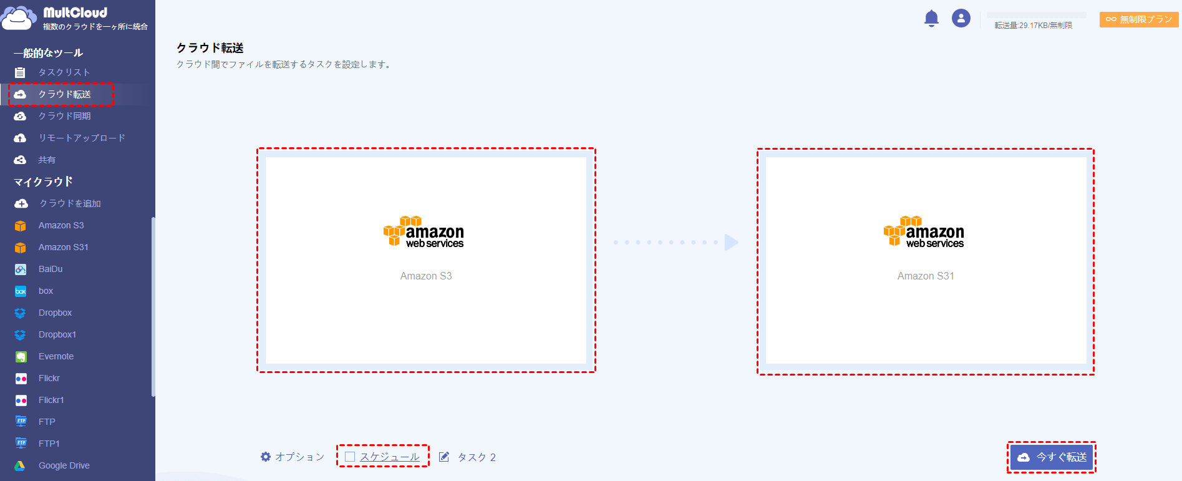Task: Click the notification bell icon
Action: pyautogui.click(x=931, y=19)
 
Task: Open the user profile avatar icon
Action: pyautogui.click(x=961, y=18)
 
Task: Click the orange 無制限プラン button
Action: pyautogui.click(x=1139, y=19)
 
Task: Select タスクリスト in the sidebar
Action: pyautogui.click(x=64, y=72)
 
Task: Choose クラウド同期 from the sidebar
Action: pyautogui.click(x=65, y=116)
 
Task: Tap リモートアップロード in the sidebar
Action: pyautogui.click(x=82, y=138)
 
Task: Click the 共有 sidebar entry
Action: pyautogui.click(x=47, y=160)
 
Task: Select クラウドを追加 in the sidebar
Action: pyautogui.click(x=70, y=203)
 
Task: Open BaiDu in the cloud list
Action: pyautogui.click(x=51, y=269)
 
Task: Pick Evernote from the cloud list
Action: pyautogui.click(x=56, y=356)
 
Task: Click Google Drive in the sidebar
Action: pyautogui.click(x=64, y=465)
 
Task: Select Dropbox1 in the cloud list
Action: pyautogui.click(x=57, y=334)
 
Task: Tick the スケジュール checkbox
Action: pyautogui.click(x=350, y=457)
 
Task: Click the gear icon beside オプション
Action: pyautogui.click(x=266, y=457)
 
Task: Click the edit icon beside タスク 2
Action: pyautogui.click(x=444, y=457)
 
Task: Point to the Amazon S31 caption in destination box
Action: pyautogui.click(x=926, y=276)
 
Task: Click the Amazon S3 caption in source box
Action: pyautogui.click(x=426, y=276)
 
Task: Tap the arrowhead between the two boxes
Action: pyautogui.click(x=732, y=242)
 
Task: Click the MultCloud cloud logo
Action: pyautogui.click(x=19, y=18)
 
